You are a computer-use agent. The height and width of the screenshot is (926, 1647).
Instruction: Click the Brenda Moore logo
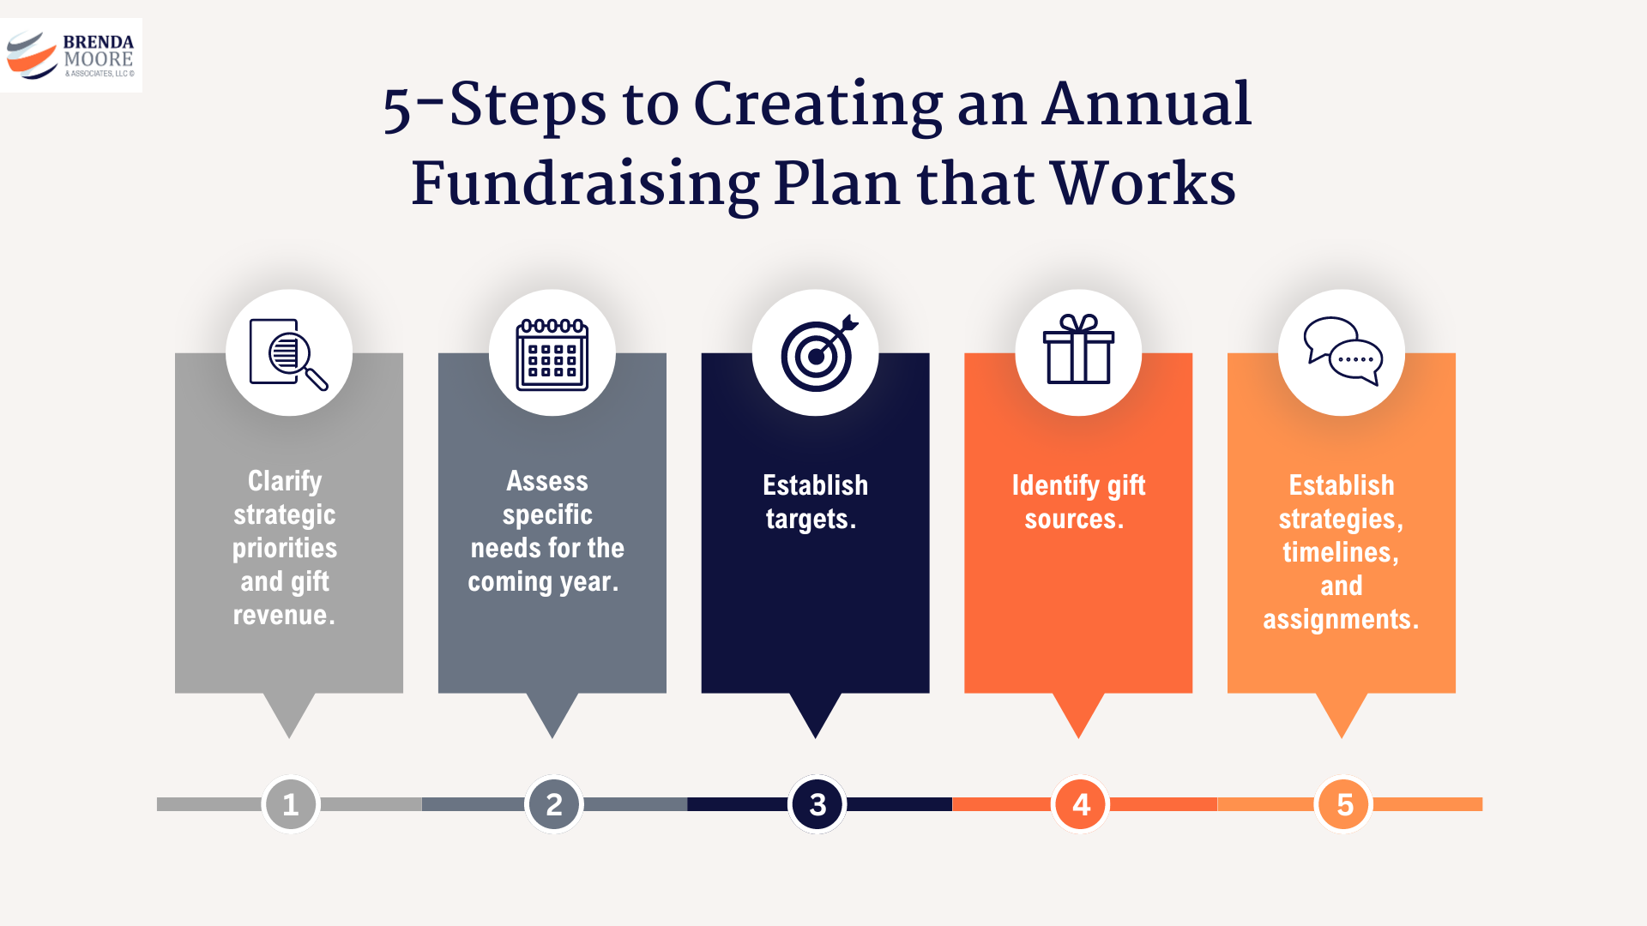(x=71, y=56)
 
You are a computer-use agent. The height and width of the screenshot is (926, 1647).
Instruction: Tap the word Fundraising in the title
(x=585, y=184)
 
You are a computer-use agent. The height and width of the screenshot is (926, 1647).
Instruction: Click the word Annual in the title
(x=1147, y=105)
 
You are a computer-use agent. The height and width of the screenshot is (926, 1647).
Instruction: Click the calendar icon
(x=552, y=353)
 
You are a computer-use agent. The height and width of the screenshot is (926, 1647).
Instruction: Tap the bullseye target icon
(x=817, y=353)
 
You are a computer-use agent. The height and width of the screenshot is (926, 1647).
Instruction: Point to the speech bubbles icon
(x=1342, y=351)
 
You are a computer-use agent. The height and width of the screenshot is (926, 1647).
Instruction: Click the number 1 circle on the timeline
(x=291, y=804)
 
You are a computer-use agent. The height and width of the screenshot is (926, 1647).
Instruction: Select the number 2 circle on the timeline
(x=554, y=804)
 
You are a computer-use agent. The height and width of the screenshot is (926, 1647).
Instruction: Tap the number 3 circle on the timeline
(x=817, y=804)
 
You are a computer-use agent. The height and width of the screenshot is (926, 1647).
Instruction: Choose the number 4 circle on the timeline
(x=1081, y=804)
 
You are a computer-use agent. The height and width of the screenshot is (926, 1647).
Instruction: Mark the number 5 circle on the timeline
(x=1344, y=804)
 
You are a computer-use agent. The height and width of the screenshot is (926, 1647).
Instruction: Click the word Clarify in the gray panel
(x=285, y=481)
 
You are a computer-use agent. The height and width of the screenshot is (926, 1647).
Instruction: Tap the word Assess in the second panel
(x=547, y=481)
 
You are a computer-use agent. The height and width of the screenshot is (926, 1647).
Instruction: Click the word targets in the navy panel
(x=809, y=520)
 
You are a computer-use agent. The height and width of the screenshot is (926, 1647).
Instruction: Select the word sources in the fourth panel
(x=1072, y=520)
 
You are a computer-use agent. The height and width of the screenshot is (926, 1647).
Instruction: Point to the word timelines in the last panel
(x=1339, y=553)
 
